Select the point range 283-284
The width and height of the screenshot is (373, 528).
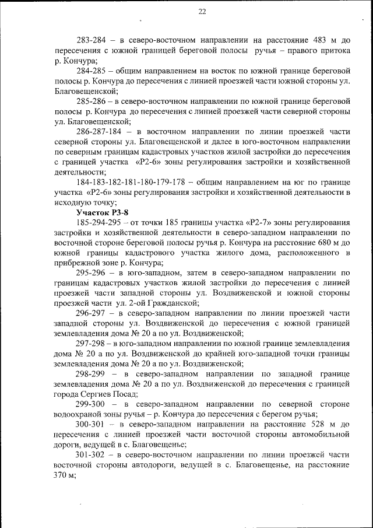(x=93, y=40)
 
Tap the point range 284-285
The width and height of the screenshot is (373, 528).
(x=93, y=71)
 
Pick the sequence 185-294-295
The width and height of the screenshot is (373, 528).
(x=103, y=222)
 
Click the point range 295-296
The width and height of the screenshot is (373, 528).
(x=93, y=273)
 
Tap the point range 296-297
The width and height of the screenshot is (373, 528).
(x=93, y=313)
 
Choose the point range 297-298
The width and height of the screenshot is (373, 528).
(x=93, y=344)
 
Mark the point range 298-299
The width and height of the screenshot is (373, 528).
(x=93, y=374)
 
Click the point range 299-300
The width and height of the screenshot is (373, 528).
(x=93, y=404)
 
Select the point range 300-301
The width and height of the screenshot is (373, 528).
(x=93, y=425)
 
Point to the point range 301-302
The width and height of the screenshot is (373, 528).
(x=93, y=455)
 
